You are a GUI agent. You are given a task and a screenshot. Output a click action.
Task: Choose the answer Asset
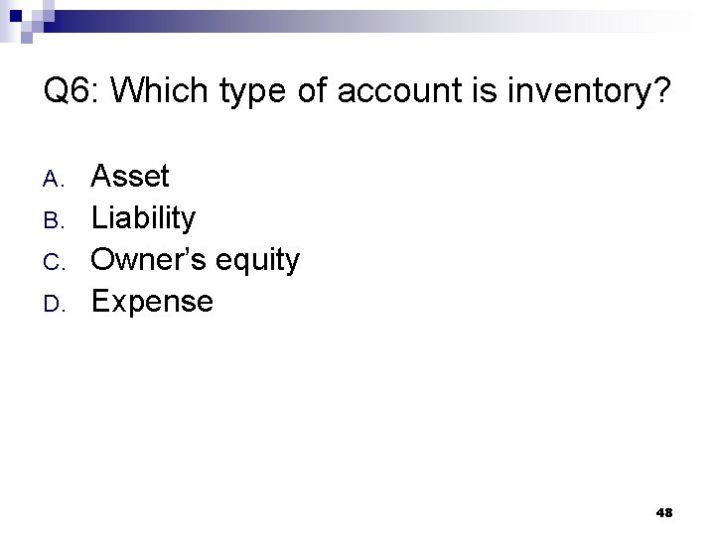pos(130,177)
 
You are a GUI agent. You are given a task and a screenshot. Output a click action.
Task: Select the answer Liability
pos(144,218)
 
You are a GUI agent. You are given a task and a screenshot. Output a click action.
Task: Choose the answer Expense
pos(152,301)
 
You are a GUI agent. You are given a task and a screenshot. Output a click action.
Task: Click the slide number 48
pos(664,512)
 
